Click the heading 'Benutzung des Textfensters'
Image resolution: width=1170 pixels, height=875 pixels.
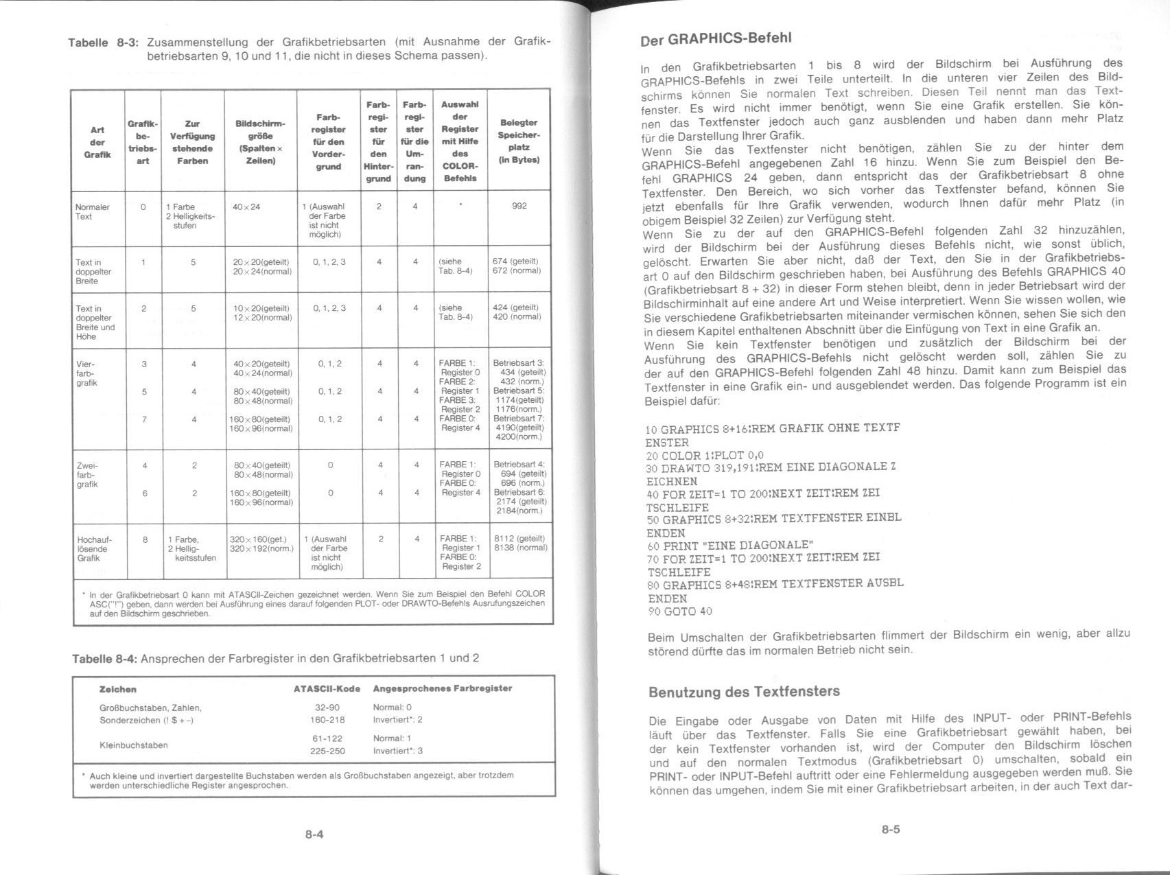[x=744, y=691]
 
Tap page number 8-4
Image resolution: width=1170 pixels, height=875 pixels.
[x=314, y=834]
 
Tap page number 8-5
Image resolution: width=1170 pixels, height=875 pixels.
[x=891, y=829]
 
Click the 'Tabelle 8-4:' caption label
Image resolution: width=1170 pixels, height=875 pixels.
[x=104, y=658]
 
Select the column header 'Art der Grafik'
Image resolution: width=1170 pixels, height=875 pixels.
[x=97, y=142]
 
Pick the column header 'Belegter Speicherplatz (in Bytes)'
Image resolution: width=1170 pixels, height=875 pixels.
[x=519, y=141]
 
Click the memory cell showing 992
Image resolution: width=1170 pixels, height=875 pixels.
[x=519, y=206]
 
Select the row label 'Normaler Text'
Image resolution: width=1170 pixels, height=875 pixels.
[x=93, y=211]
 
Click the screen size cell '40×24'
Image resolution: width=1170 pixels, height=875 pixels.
[x=246, y=207]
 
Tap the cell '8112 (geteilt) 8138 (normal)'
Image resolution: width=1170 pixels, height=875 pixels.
[x=520, y=543]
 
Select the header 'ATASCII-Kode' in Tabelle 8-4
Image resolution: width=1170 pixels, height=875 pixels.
[x=327, y=688]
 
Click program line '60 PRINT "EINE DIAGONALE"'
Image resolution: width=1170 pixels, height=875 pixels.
[x=730, y=546]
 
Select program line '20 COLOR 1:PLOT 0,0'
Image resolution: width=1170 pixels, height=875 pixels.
[x=705, y=455]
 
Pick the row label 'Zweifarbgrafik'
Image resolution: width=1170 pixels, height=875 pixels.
[x=87, y=474]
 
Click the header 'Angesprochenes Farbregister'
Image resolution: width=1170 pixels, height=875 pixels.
[x=442, y=688]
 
